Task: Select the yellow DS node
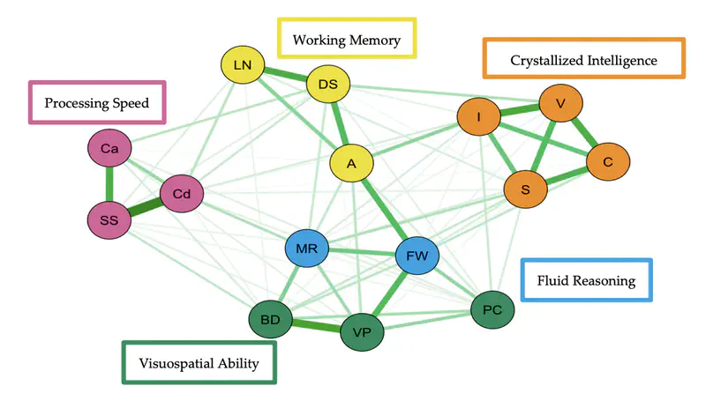point(328,85)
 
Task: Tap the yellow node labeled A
point(351,164)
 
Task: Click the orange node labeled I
point(478,117)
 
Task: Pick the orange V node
point(559,104)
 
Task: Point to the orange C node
point(607,162)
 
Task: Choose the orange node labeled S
point(525,189)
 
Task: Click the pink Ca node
point(109,150)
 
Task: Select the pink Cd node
point(182,194)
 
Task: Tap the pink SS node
point(109,219)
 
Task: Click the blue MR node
point(306,249)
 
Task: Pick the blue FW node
point(417,256)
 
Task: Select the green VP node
point(362,333)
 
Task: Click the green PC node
point(492,310)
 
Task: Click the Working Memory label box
point(347,40)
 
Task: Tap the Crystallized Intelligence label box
point(583,60)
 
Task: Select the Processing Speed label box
point(97,103)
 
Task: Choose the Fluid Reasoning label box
point(587,281)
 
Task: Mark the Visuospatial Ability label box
point(199,363)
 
